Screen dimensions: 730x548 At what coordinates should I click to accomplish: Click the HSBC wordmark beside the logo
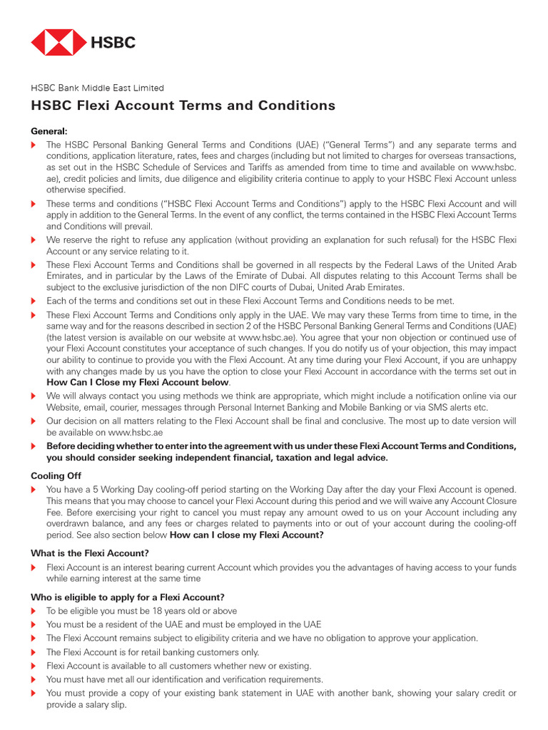pos(112,43)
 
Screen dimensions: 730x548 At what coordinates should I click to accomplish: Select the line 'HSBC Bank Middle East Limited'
pos(97,88)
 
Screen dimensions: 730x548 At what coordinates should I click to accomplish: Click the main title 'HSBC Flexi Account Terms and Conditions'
pos(183,106)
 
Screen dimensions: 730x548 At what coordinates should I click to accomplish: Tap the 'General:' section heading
pos(49,131)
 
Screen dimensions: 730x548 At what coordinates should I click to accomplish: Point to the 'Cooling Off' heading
pos(56,475)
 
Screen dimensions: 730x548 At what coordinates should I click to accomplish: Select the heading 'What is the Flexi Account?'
pos(89,553)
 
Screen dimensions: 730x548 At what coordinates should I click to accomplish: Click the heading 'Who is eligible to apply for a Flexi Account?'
pos(128,597)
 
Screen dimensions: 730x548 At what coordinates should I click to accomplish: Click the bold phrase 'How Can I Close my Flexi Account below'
pos(138,382)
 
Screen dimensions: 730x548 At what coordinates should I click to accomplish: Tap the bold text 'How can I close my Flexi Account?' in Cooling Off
pos(246,535)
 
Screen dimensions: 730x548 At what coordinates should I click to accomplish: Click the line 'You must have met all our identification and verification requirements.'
pos(184,679)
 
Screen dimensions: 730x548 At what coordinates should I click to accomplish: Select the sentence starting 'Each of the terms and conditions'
pos(250,301)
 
